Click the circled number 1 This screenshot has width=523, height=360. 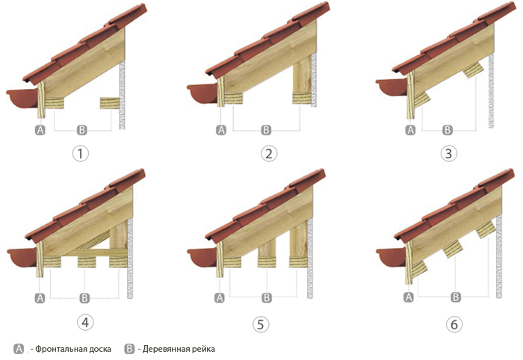pyautogui.click(x=81, y=154)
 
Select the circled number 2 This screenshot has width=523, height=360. pyautogui.click(x=269, y=154)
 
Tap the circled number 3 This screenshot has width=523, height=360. pyautogui.click(x=448, y=154)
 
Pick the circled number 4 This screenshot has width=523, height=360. pyautogui.click(x=85, y=323)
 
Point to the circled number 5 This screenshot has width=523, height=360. pyautogui.click(x=261, y=324)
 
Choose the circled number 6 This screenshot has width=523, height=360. pyautogui.click(x=454, y=324)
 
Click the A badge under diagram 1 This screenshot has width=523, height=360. pyautogui.click(x=40, y=130)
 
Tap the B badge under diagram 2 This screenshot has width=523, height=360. pyautogui.click(x=266, y=130)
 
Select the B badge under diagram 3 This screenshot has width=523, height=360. pyautogui.click(x=448, y=130)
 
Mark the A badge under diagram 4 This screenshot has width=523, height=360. pyautogui.click(x=40, y=298)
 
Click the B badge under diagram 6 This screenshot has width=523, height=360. pyautogui.click(x=456, y=297)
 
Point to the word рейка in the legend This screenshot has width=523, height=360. pyautogui.click(x=203, y=349)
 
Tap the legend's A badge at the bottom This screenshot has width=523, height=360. pyautogui.click(x=19, y=349)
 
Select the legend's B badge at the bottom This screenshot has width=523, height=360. pyautogui.click(x=129, y=349)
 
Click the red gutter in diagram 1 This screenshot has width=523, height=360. pyautogui.click(x=22, y=98)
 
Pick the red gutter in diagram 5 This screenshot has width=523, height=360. pyautogui.click(x=202, y=258)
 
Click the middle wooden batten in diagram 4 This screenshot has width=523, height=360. pyautogui.click(x=87, y=262)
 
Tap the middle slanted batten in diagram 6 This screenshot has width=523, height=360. pyautogui.click(x=452, y=249)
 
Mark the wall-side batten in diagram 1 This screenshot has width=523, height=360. pyautogui.click(x=110, y=103)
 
